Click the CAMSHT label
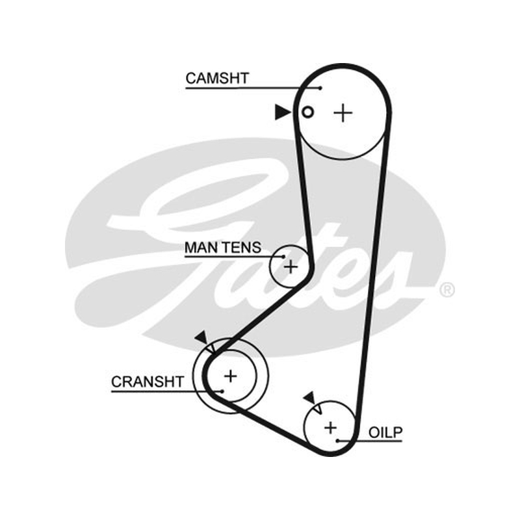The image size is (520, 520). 217,78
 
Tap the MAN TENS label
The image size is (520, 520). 223,248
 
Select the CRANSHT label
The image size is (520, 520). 148,382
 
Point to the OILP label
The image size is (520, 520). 385,432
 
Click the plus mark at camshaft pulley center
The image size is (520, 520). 343,113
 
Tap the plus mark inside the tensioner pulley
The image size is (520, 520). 291,266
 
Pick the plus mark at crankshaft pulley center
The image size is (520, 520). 231,376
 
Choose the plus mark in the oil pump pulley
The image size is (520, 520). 330,428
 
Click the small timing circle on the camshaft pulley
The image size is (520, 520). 307,112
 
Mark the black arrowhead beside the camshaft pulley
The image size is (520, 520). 283,112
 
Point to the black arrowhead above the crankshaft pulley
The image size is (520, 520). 201,337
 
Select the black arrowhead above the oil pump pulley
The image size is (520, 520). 311,397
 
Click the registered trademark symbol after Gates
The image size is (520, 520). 447,290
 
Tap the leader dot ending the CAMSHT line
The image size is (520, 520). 320,88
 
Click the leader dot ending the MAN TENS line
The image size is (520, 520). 284,256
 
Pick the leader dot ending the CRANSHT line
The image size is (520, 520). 222,391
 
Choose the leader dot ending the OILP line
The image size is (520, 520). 337,441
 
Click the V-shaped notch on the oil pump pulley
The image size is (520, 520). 318,409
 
